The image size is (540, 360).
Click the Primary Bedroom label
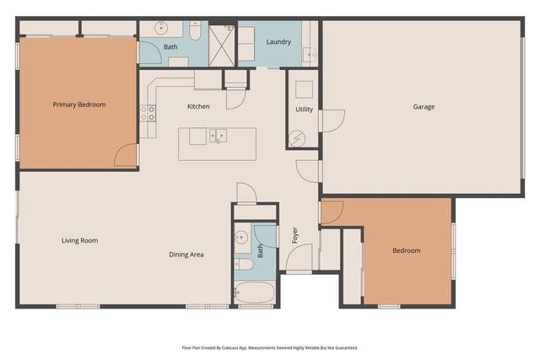(79, 105)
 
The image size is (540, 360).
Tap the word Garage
(424, 107)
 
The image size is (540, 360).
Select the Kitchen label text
(198, 106)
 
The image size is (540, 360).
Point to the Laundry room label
(278, 42)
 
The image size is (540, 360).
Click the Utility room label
(304, 110)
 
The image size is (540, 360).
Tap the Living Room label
(79, 240)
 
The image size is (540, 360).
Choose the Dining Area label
(186, 254)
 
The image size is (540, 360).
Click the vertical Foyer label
(295, 234)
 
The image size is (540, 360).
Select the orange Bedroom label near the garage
(406, 250)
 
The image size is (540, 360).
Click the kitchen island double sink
(218, 135)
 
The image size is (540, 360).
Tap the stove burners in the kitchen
(151, 113)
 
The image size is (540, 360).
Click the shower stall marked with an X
(222, 43)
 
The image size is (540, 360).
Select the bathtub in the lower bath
(255, 293)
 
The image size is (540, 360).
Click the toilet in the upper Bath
(194, 33)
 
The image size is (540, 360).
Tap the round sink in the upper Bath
(163, 29)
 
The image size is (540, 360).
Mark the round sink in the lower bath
(240, 237)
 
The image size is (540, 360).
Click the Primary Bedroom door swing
(126, 155)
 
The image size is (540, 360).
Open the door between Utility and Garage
(331, 121)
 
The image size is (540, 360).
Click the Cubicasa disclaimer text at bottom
(270, 347)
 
